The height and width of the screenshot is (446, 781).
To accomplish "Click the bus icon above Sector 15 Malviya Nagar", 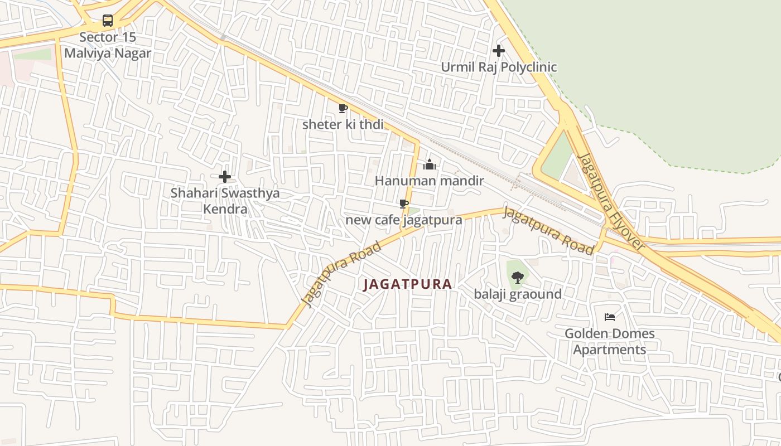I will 108,21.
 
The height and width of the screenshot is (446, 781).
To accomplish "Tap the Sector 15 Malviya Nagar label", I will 108,45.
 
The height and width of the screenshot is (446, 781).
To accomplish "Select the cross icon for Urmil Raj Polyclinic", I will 499,51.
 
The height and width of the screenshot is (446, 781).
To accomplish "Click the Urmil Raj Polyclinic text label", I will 499,67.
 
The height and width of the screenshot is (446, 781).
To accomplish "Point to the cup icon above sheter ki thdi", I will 343,108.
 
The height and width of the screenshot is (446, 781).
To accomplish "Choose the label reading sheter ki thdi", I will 343,124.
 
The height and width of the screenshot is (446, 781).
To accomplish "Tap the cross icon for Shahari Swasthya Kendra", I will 225,177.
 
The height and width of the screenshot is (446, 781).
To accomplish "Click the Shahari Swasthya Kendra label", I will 225,201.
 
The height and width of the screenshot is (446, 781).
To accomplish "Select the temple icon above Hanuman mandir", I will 429,164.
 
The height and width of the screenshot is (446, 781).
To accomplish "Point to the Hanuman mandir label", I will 429,181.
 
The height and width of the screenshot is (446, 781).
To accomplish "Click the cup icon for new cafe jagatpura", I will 404,203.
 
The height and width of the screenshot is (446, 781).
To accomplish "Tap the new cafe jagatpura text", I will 404,220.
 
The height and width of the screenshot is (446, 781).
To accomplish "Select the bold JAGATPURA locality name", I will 407,284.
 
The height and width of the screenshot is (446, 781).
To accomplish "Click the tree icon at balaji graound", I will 518,277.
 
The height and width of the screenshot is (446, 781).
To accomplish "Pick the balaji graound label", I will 518,294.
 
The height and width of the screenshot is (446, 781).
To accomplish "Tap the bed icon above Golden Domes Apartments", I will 610,317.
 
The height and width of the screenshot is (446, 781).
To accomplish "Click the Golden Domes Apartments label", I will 610,342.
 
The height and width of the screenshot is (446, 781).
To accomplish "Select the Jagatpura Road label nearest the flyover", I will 548,230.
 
